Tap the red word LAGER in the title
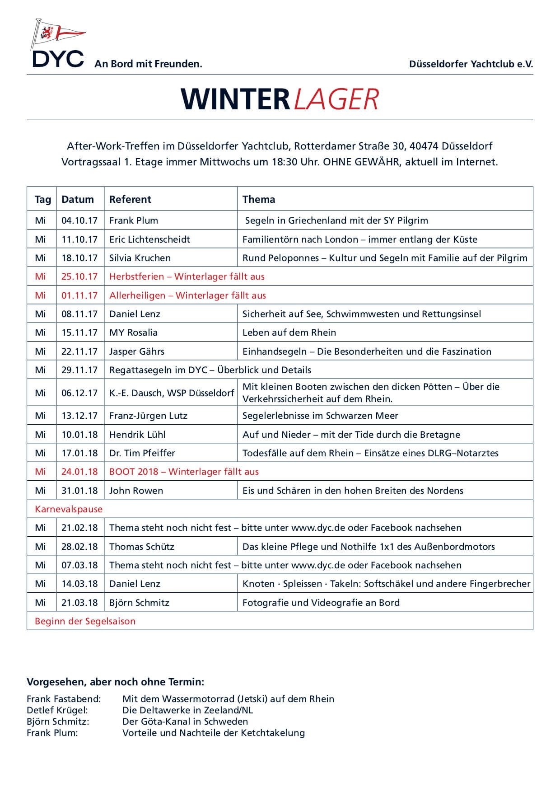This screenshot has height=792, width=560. [x=336, y=99]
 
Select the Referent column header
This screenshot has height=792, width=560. [x=130, y=199]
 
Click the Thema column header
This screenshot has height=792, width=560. [x=258, y=199]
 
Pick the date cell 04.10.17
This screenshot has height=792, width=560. [x=79, y=220]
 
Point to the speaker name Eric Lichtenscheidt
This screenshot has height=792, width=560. [x=149, y=239]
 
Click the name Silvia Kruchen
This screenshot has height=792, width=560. [x=140, y=258]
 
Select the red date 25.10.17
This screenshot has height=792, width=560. [x=79, y=276]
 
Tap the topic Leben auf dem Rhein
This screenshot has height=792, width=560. [x=289, y=333]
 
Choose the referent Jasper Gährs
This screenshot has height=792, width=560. [x=137, y=351]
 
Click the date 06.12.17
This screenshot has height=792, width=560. [x=79, y=393]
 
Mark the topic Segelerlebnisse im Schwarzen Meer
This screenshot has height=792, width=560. [x=320, y=416]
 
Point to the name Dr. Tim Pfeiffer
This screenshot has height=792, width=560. [x=142, y=453]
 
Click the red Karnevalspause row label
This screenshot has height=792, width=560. [x=69, y=509]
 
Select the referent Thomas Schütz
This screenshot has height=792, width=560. [x=142, y=547]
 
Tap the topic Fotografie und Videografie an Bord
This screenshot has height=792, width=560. [x=321, y=603]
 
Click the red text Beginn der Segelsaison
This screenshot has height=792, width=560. [x=85, y=621]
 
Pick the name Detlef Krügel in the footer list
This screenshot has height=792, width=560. [x=57, y=710]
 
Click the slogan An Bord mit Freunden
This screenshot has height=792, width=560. [x=148, y=64]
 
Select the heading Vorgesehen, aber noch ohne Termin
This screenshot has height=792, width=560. [x=115, y=681]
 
